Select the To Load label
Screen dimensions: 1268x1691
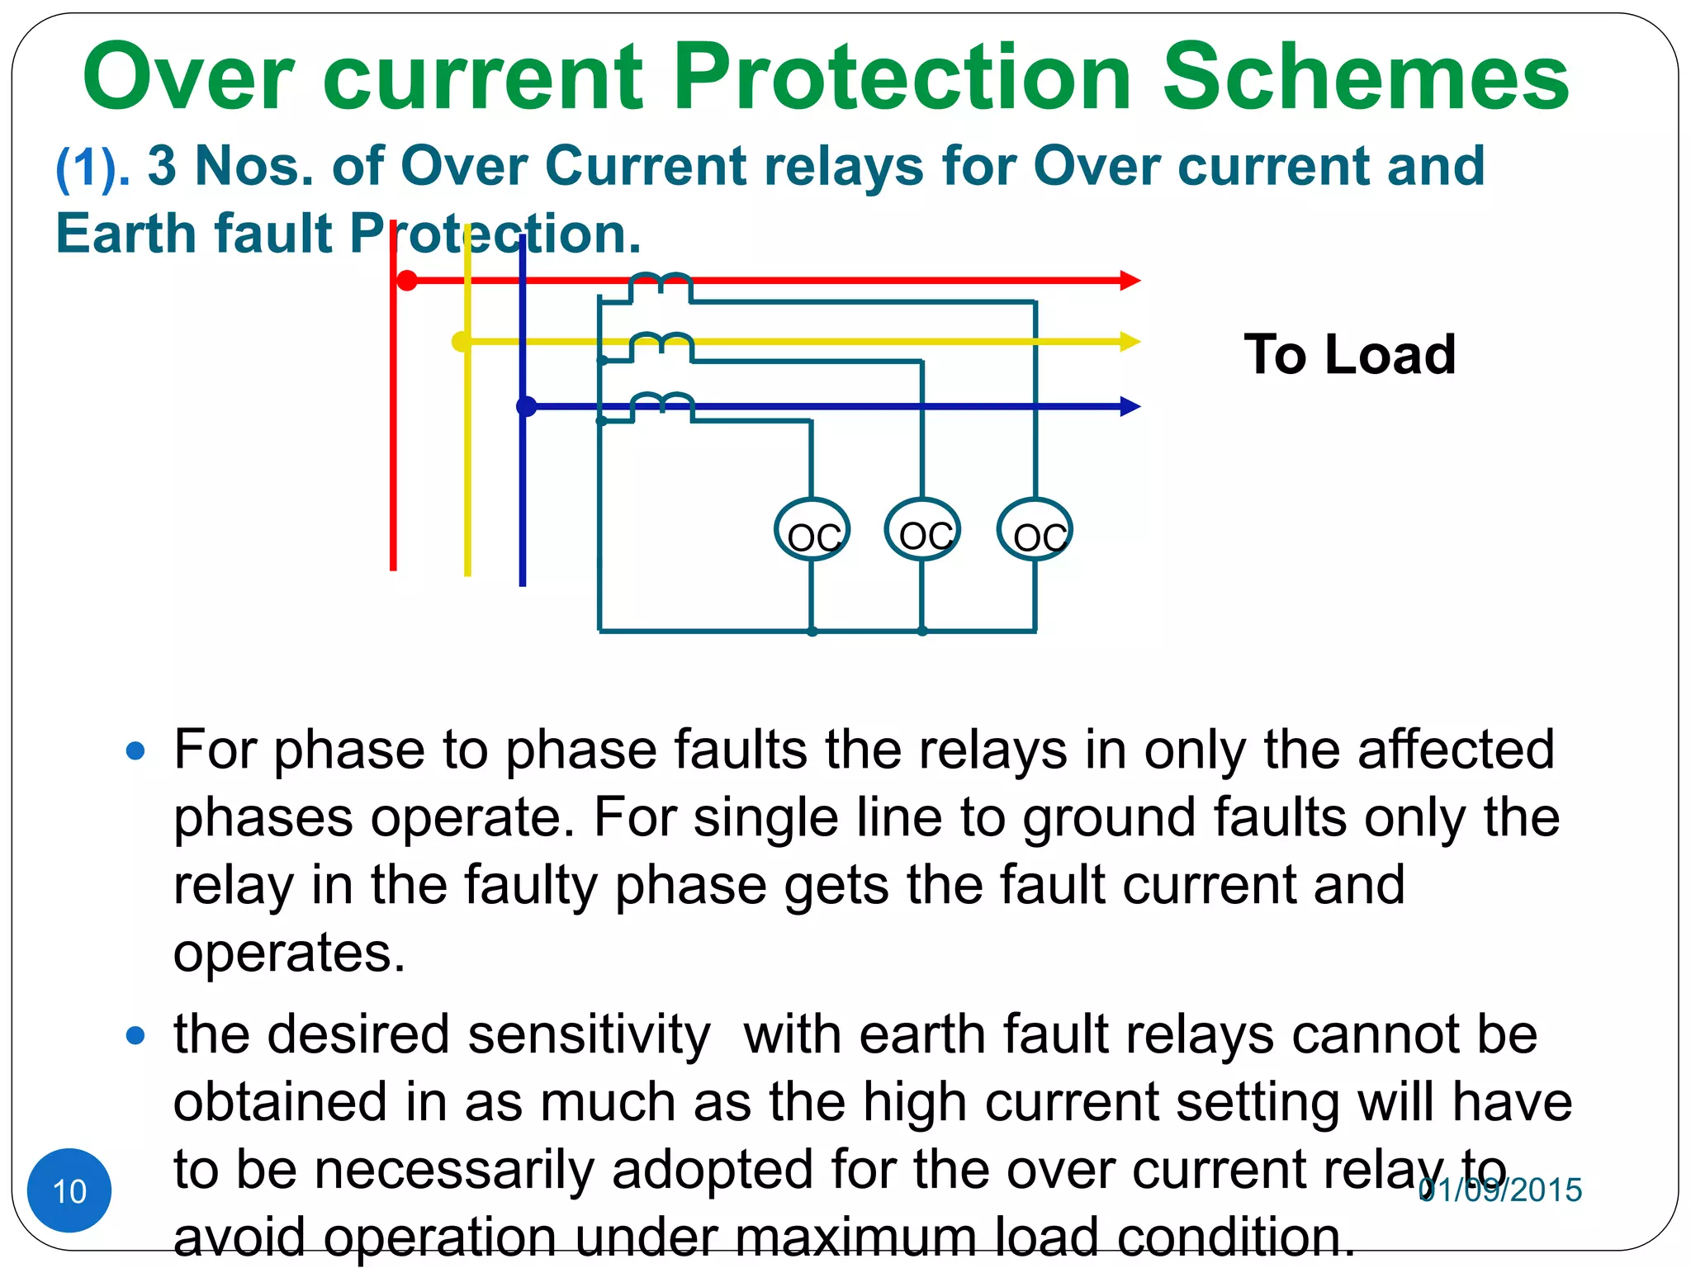click(x=1349, y=355)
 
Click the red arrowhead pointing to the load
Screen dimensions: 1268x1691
click(x=1130, y=281)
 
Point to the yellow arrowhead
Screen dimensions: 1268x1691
click(x=1130, y=342)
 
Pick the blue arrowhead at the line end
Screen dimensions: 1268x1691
click(x=1130, y=406)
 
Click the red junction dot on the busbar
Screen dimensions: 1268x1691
click(x=407, y=281)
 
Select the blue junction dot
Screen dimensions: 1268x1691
click(x=526, y=406)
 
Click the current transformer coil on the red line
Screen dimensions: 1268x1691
click(x=661, y=285)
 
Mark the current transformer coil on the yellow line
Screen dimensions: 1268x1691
click(x=661, y=344)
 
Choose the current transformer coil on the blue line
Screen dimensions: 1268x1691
click(x=662, y=405)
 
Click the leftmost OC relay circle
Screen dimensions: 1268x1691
click(x=812, y=530)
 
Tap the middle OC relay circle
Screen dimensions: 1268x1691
click(x=922, y=530)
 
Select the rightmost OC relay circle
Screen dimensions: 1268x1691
click(x=1035, y=530)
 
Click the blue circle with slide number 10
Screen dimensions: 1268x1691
click(x=69, y=1190)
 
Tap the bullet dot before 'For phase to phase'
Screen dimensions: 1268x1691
click(x=135, y=751)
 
